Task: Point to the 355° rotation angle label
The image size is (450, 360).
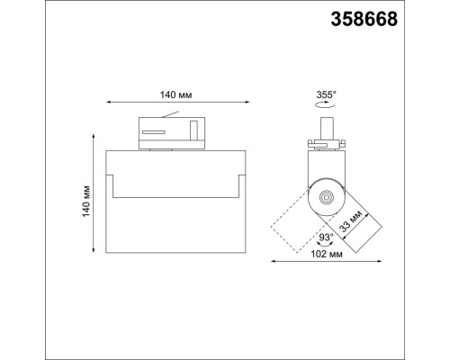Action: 327,94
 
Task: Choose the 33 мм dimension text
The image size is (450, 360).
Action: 356,221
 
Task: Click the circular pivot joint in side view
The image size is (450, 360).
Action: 327,198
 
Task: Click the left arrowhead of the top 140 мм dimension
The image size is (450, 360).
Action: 107,103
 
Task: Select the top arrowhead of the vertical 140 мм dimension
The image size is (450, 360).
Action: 94,136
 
